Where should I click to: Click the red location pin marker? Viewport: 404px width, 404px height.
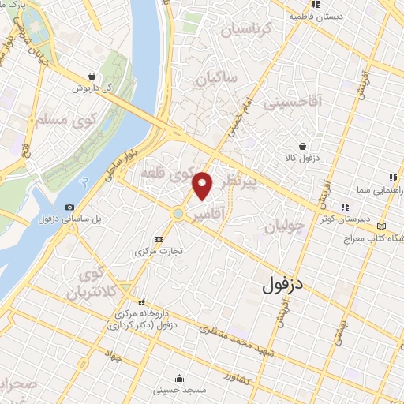[x=203, y=185]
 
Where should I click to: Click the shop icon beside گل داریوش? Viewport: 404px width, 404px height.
[x=93, y=77]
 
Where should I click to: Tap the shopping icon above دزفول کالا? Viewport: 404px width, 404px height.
[x=302, y=145]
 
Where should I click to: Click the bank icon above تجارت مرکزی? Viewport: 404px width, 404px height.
[x=159, y=239]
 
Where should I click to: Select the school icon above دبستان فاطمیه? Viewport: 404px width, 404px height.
[x=315, y=4]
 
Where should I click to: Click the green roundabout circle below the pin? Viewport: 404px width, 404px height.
[x=179, y=213]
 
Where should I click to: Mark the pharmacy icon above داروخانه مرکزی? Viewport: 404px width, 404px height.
[x=142, y=301]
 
